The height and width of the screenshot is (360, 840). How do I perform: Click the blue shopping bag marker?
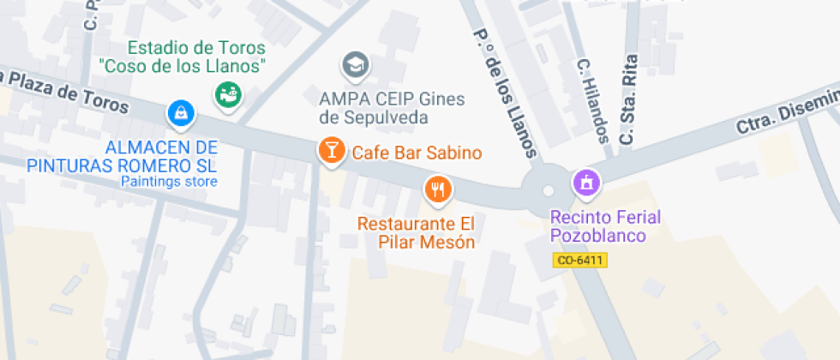point(181,111)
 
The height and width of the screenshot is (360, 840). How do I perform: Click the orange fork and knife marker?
point(438,189)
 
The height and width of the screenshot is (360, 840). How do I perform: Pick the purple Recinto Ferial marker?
point(587,181)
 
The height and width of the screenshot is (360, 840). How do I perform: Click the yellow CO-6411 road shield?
point(580,260)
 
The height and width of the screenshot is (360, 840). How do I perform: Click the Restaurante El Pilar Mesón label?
point(416,233)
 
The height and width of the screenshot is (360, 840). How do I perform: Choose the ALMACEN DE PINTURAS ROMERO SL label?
point(122,157)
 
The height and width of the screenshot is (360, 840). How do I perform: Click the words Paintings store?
point(169,182)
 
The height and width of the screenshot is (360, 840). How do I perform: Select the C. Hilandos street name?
point(593,100)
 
